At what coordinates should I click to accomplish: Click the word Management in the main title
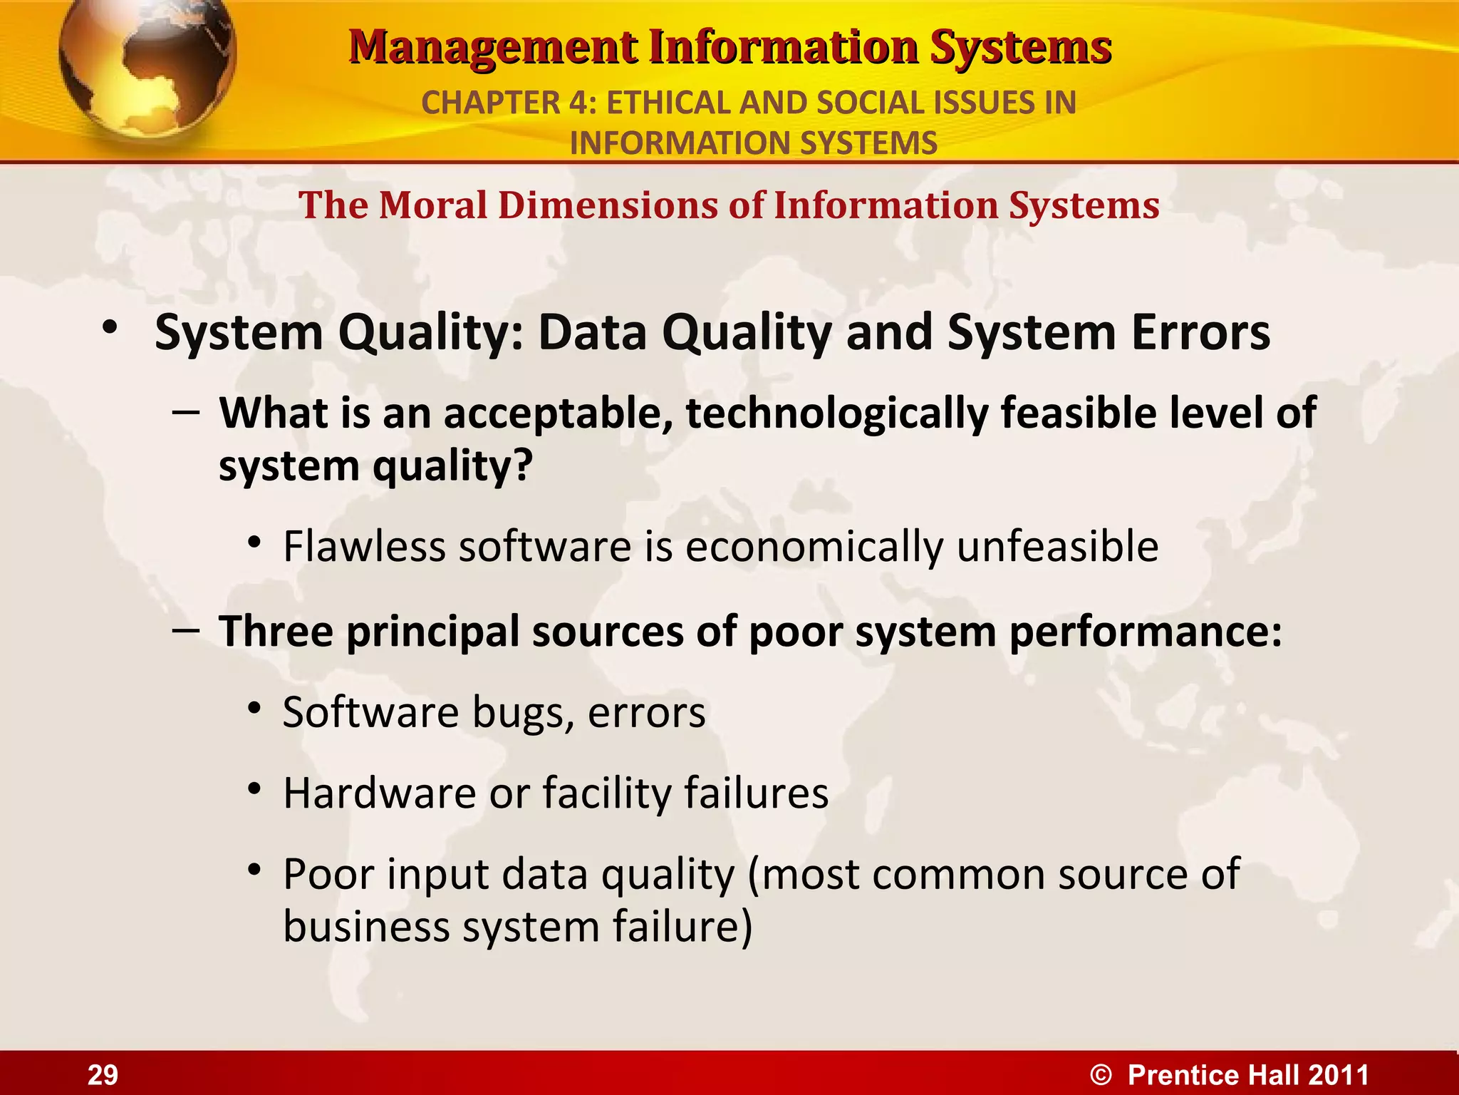[x=493, y=48]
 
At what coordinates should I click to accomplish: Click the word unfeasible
[x=1057, y=547]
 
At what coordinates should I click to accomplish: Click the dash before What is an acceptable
[x=186, y=411]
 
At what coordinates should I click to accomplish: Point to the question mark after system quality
[x=524, y=466]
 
